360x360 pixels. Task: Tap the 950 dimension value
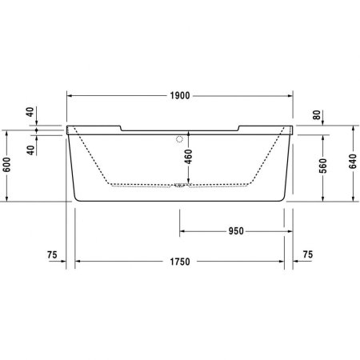(x=235, y=231)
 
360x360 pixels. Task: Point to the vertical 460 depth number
(x=188, y=157)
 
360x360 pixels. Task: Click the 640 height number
(x=353, y=163)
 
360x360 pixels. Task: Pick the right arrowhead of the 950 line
(x=291, y=231)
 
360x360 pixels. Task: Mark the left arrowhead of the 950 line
(x=181, y=231)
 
